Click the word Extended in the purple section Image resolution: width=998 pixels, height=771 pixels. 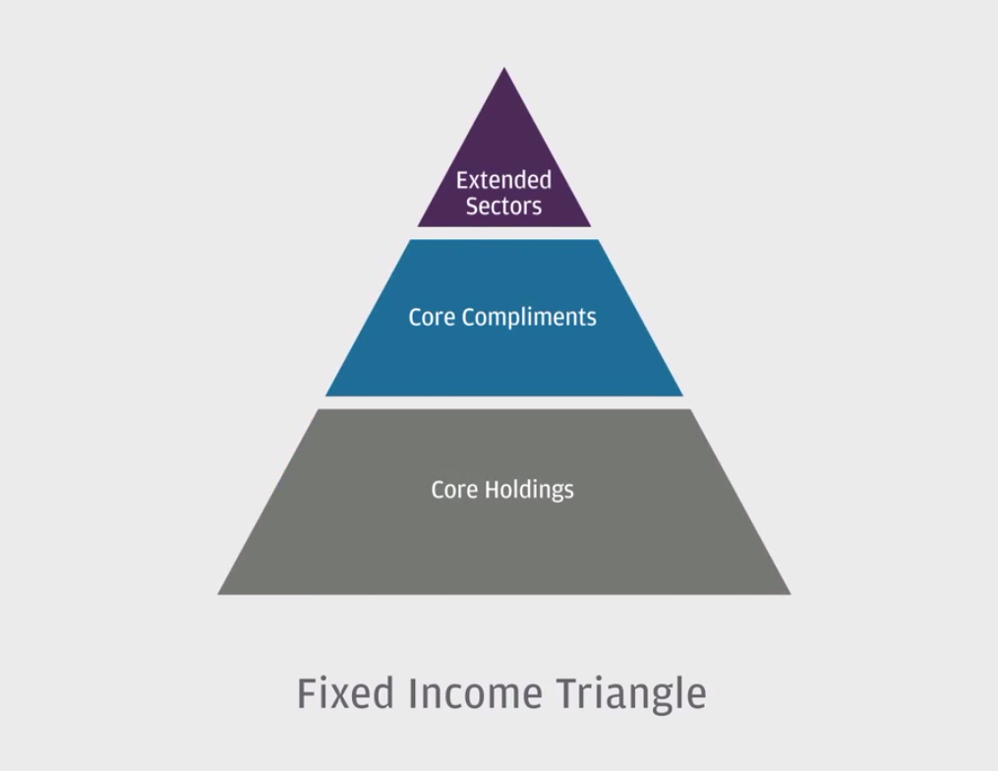pyautogui.click(x=503, y=181)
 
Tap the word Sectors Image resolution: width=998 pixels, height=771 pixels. pyautogui.click(x=503, y=207)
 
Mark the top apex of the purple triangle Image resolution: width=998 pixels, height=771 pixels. pyautogui.click(x=504, y=69)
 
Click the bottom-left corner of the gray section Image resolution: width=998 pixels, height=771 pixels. pyautogui.click(x=219, y=593)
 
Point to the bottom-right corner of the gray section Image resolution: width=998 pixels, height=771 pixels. pyautogui.click(x=790, y=593)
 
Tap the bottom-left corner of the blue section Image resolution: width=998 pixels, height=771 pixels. pyautogui.click(x=326, y=395)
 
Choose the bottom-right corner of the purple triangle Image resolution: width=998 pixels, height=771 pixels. pyautogui.click(x=590, y=226)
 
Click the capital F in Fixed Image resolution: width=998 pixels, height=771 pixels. pyautogui.click(x=306, y=692)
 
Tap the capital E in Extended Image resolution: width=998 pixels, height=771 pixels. pyautogui.click(x=462, y=181)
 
